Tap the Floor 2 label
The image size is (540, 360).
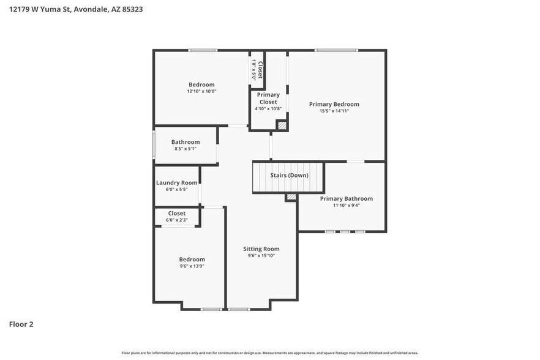21,324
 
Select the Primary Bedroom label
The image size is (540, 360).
334,104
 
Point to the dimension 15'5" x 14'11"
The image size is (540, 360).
334,111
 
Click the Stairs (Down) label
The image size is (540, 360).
289,176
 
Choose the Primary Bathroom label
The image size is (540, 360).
346,198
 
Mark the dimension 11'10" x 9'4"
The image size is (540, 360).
346,205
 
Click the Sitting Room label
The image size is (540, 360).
261,249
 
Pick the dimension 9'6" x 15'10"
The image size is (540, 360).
261,256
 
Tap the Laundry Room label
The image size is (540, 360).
176,182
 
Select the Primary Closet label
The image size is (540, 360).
268,98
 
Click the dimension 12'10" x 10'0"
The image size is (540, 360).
201,91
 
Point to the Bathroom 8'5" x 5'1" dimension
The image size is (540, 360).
185,149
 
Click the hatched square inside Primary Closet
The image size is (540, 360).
282,124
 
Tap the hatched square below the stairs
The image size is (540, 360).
291,197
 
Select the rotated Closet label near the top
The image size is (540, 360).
260,70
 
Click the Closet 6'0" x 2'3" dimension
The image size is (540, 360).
176,220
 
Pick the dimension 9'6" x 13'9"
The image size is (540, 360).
192,266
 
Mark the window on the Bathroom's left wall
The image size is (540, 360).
154,145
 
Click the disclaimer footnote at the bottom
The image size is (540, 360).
270,353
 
